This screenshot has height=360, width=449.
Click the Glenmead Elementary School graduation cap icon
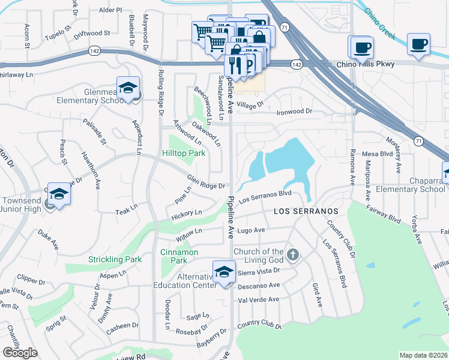pos(128,89)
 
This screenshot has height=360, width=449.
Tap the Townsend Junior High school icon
pos(59,194)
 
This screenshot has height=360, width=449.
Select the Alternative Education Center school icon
pos(224,272)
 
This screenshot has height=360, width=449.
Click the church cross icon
pos(292,255)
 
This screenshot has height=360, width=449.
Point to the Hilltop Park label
pos(184,153)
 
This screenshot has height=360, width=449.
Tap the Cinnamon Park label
pos(179,257)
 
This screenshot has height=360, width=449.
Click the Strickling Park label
pos(115,259)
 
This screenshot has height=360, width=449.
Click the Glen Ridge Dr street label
pos(206,182)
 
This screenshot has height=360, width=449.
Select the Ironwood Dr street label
pos(294,112)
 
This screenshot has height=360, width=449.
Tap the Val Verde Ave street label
pos(259,299)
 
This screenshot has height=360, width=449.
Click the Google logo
pos(20,353)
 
